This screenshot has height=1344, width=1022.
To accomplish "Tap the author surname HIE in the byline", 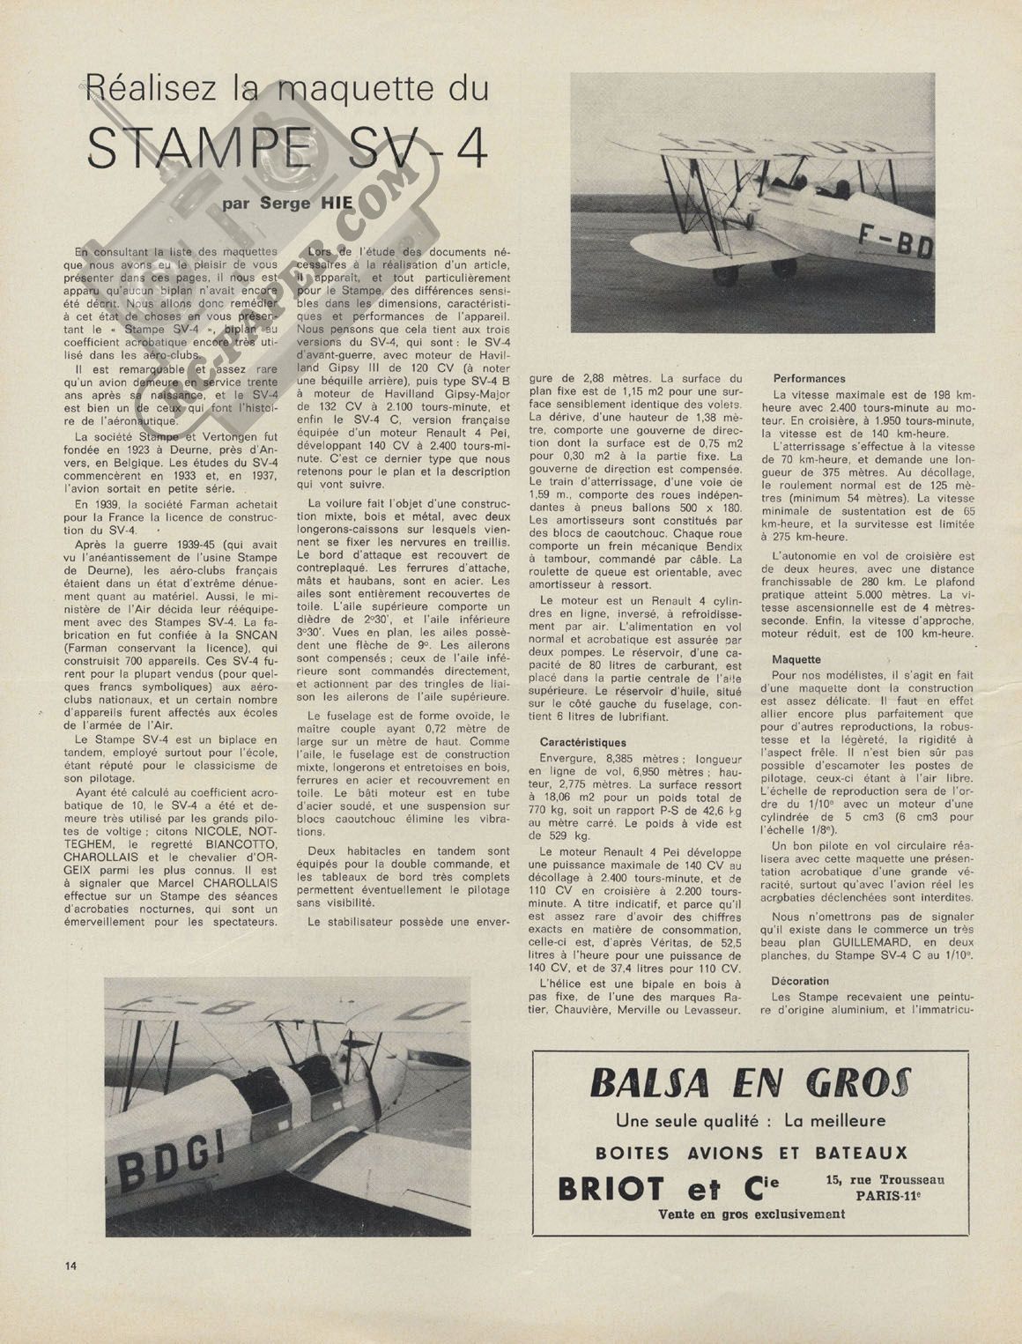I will tap(335, 204).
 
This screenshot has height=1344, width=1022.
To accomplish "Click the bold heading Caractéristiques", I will tap(582, 743).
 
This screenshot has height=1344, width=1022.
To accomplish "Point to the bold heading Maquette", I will tap(796, 659).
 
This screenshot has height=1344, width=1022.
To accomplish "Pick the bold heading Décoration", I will tap(800, 981).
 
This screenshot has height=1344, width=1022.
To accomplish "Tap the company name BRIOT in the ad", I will tap(611, 1189).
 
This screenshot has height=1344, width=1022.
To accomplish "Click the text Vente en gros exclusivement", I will tap(752, 1214).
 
